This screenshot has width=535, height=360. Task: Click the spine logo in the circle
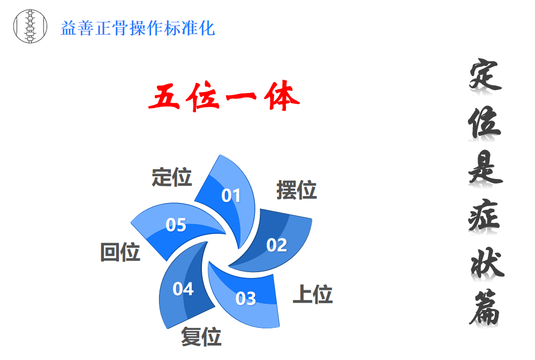point(30,26)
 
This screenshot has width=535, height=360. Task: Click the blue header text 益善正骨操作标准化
point(138,28)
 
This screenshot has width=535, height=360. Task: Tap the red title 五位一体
point(224,96)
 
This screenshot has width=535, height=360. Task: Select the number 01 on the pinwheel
point(231,196)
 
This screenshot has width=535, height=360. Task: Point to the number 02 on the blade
point(276,245)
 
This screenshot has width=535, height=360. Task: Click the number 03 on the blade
point(245,298)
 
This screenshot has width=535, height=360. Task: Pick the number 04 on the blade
point(183,289)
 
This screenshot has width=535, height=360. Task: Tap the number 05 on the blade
point(176,225)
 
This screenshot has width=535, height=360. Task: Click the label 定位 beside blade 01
point(171,177)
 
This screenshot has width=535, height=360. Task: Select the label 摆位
point(297,190)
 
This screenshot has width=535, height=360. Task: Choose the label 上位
point(313,294)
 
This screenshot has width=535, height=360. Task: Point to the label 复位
point(201,336)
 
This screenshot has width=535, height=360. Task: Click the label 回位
point(120,252)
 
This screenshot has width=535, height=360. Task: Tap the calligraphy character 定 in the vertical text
point(485,74)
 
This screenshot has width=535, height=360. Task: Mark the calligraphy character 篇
point(485,308)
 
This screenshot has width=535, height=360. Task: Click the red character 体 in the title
point(282,96)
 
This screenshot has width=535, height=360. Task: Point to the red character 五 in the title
point(164,97)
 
